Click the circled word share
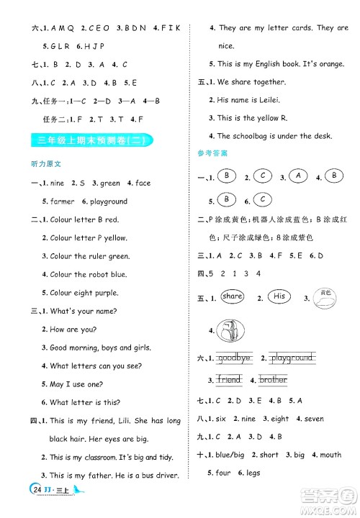[x=233, y=296]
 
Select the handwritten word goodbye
[x=235, y=358]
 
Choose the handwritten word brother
[x=273, y=379]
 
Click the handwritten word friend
[x=230, y=379]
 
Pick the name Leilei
[x=264, y=100]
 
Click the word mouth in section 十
[x=330, y=455]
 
